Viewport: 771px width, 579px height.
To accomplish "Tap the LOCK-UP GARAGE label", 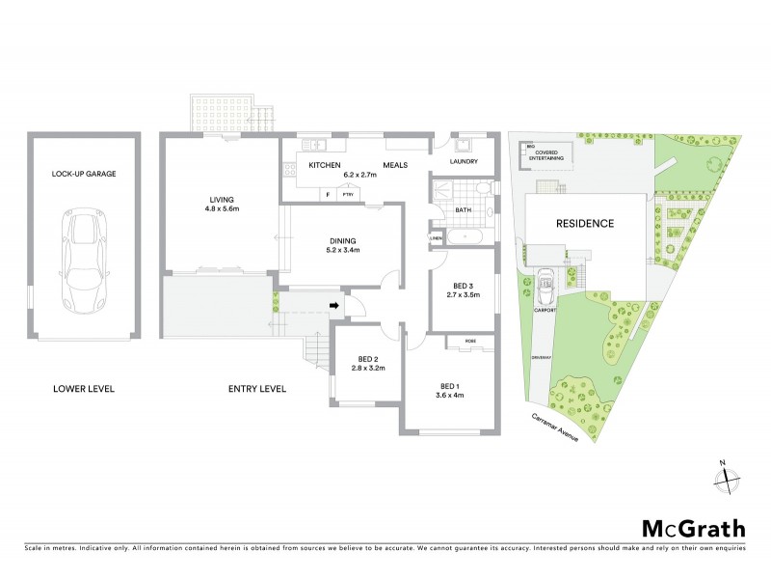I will point(84,176).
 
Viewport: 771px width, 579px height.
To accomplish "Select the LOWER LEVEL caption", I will point(84,389).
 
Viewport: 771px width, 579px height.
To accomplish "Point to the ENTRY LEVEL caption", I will point(257,389).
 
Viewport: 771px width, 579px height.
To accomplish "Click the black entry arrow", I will point(333,307).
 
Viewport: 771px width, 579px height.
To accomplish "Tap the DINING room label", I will point(342,240).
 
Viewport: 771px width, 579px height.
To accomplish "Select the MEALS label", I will point(395,165).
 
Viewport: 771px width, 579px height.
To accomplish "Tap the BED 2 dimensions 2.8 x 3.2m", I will point(367,369).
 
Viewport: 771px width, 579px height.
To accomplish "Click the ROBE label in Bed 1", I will point(469,340).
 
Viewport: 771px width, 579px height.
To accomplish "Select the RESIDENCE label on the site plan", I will point(585,223).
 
